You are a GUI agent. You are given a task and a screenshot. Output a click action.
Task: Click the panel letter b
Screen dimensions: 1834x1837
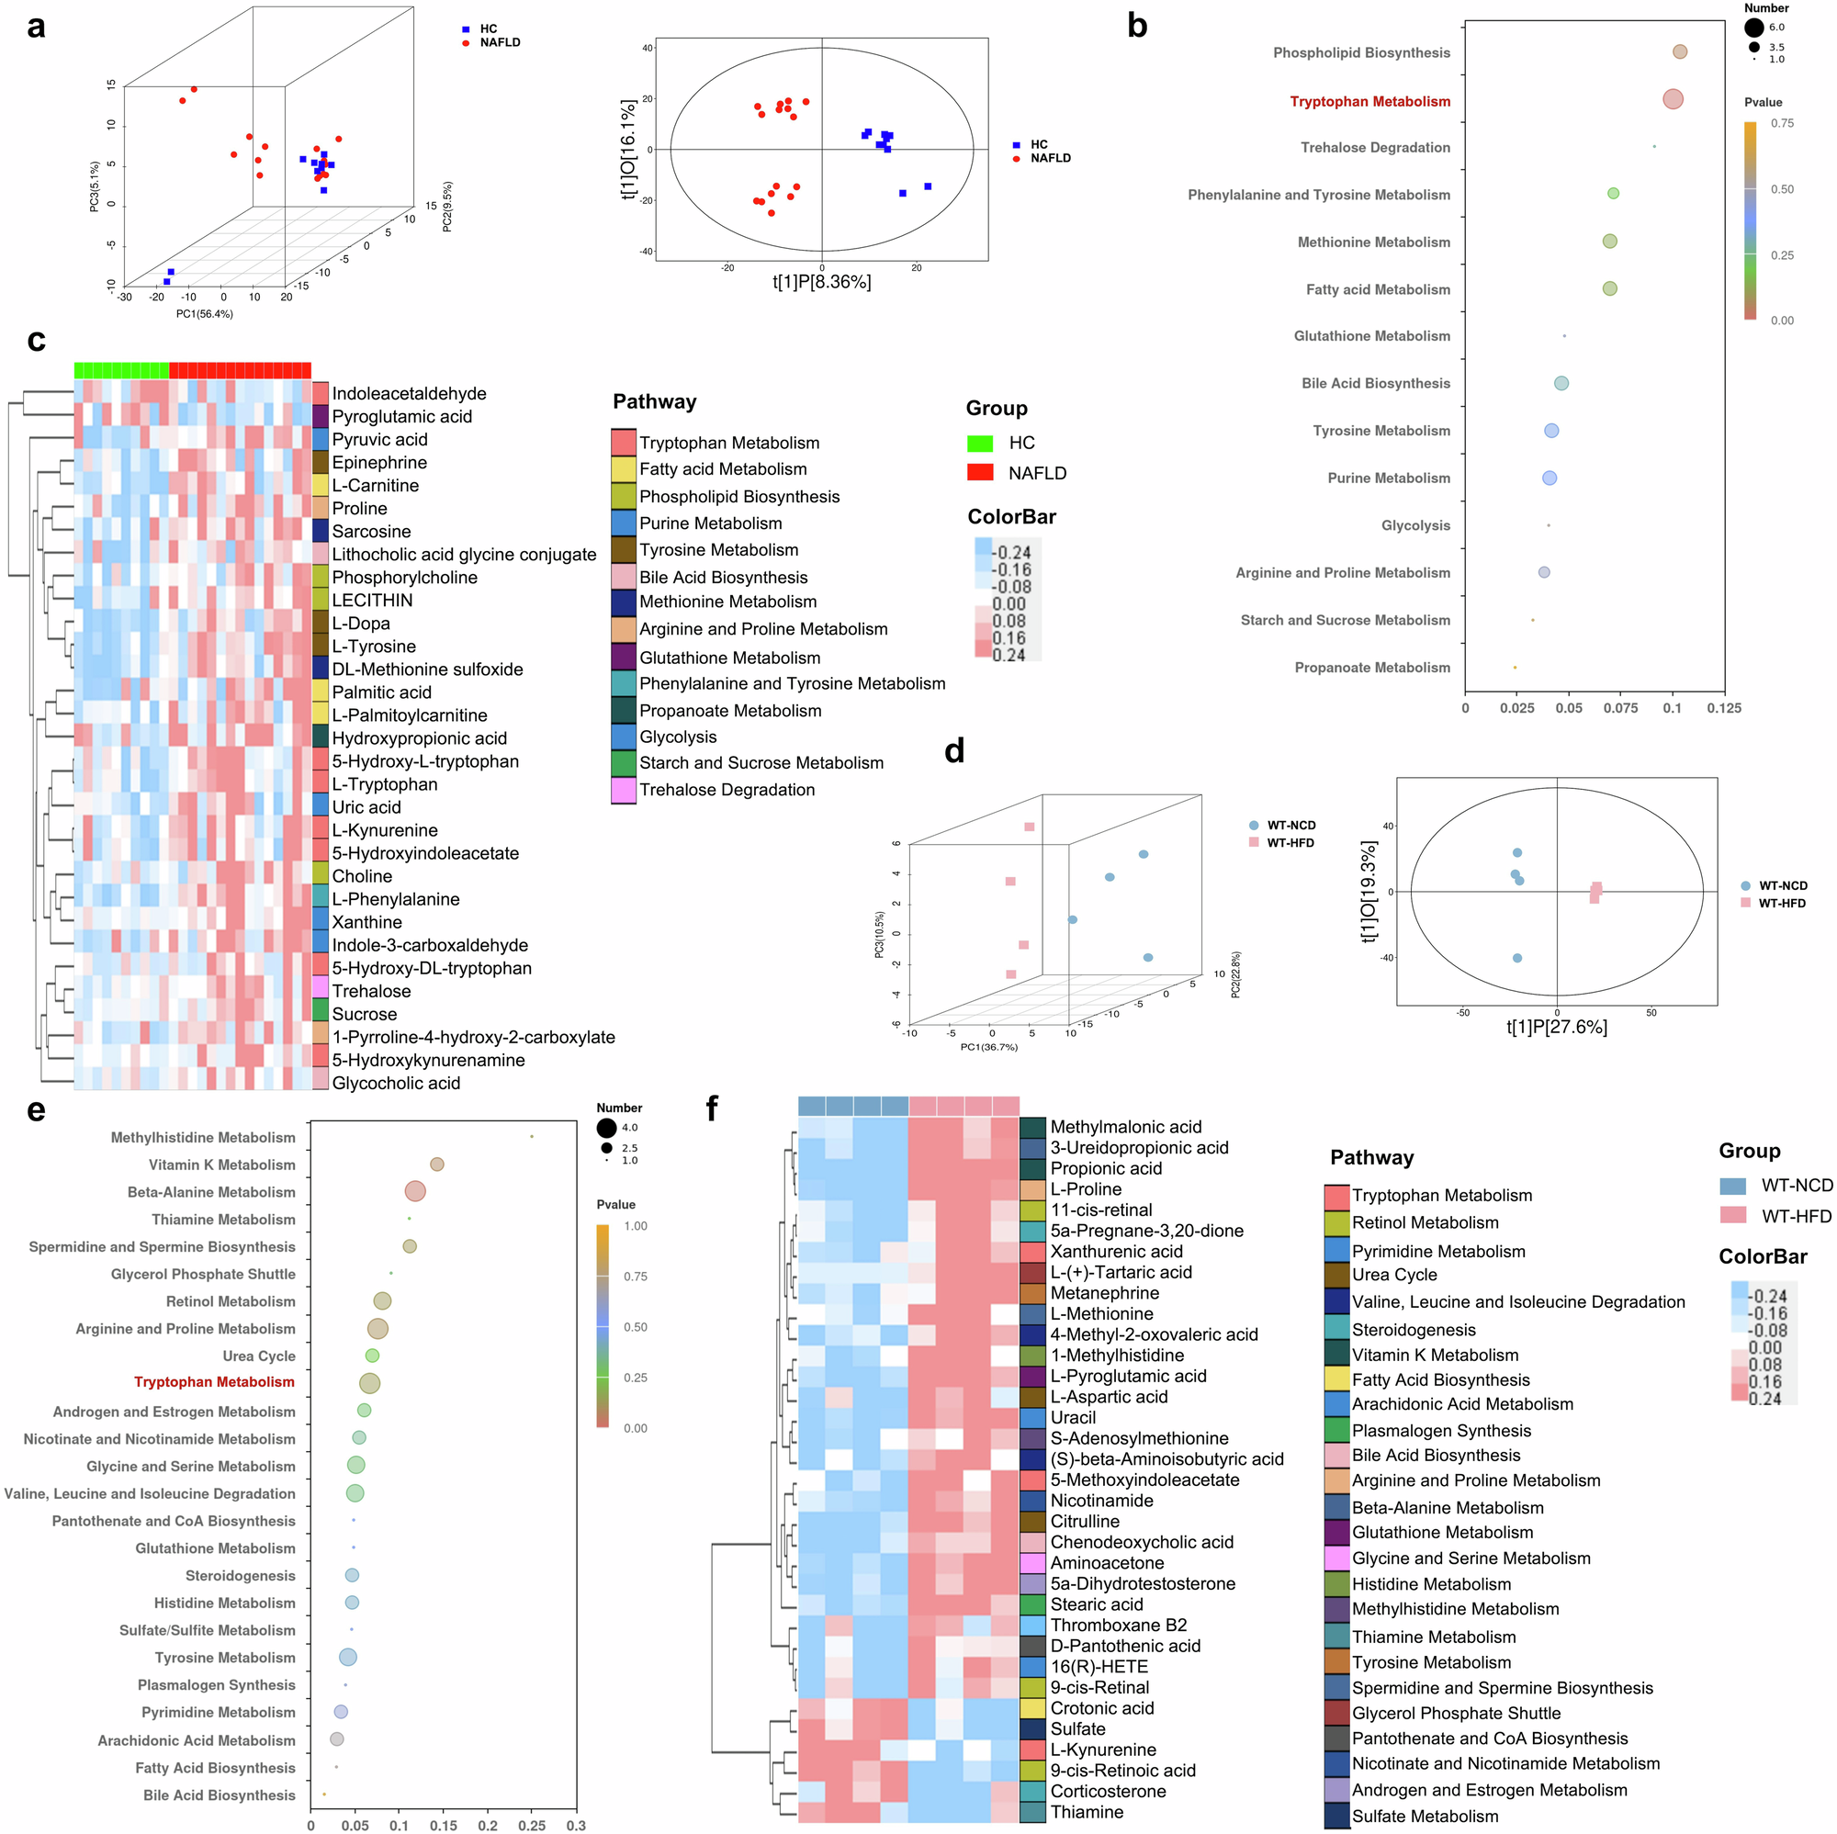click(1136, 26)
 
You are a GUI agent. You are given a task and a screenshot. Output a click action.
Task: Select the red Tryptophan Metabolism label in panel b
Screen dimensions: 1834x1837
click(1369, 102)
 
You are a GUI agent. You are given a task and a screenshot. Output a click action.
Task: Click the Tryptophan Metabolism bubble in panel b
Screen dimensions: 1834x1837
click(1673, 99)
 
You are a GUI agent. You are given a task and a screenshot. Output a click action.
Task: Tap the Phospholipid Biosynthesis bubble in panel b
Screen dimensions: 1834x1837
click(1679, 52)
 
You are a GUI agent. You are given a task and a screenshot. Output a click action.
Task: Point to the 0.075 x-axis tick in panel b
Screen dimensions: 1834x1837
click(1620, 708)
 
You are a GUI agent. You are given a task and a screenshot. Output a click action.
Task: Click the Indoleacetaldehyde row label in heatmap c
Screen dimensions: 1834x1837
click(409, 394)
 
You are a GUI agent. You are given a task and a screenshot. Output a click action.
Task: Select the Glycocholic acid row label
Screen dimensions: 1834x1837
click(396, 1083)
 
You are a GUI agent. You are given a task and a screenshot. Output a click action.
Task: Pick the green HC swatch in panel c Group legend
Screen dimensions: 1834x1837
click(979, 443)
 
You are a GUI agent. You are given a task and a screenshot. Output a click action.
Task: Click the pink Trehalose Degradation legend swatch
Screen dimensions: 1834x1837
click(624, 790)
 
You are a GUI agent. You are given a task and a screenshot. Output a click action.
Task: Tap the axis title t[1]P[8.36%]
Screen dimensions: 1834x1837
click(821, 282)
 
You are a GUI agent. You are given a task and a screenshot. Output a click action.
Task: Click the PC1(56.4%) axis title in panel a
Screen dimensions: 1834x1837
click(205, 314)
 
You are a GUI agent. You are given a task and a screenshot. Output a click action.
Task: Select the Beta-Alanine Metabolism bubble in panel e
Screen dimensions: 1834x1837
click(414, 1191)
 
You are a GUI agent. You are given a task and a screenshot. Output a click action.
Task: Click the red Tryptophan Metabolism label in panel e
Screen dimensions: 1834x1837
click(214, 1381)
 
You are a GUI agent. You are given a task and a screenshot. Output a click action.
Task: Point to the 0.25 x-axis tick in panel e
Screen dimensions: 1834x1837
click(532, 1826)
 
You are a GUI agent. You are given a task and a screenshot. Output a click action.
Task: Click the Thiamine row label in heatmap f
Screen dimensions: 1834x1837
click(1087, 1812)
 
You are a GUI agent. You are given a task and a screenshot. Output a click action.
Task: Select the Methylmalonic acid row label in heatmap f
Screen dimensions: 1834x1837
click(1126, 1127)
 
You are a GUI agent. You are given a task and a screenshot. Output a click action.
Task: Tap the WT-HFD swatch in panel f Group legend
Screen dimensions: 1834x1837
click(1733, 1216)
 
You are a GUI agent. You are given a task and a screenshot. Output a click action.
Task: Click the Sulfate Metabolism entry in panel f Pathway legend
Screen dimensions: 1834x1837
click(1425, 1816)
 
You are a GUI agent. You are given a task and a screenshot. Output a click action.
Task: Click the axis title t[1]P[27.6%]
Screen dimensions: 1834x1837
click(1557, 1027)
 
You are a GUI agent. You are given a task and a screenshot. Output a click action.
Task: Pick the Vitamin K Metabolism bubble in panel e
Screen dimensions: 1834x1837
click(436, 1165)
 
